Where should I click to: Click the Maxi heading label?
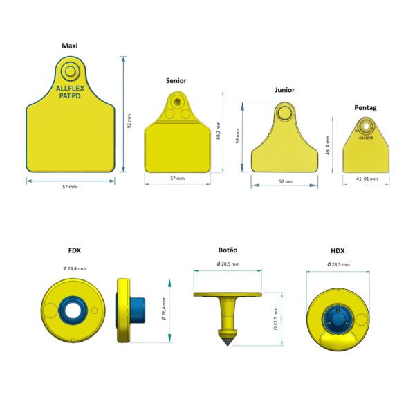(x=70, y=46)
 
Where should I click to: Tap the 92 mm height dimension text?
(x=129, y=121)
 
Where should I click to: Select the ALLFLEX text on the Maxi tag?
(x=70, y=89)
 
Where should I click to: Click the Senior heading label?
(x=176, y=81)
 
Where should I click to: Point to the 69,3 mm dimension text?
(x=219, y=131)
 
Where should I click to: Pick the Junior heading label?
(x=284, y=90)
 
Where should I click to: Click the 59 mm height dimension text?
(x=237, y=136)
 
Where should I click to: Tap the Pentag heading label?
(x=365, y=108)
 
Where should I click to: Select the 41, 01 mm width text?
(x=367, y=178)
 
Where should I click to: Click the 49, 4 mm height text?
(x=328, y=145)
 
